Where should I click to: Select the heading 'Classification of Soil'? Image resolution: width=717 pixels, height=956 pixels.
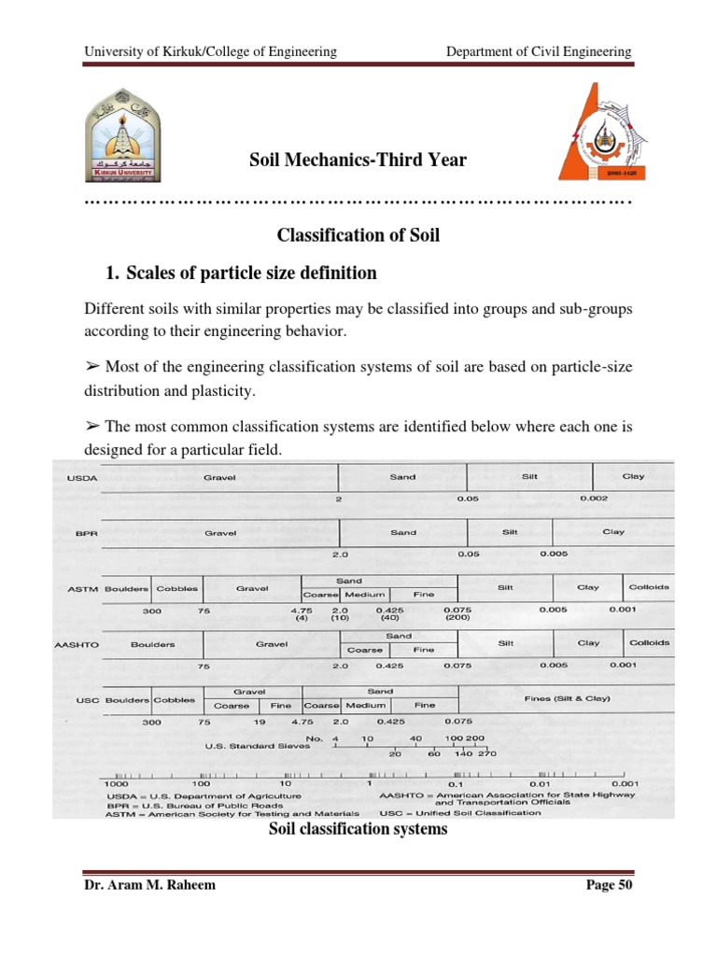pos(358,236)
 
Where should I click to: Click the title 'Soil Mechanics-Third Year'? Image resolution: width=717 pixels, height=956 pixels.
pos(358,161)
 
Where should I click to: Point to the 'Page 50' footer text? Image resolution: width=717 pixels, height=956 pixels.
pos(608,886)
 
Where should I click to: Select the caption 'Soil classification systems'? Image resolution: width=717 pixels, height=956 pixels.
pos(358,829)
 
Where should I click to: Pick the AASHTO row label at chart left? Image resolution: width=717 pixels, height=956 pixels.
pos(80,644)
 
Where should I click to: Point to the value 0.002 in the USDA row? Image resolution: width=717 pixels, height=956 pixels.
pos(595,499)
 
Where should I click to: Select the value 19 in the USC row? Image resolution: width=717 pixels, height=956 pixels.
pos(260,722)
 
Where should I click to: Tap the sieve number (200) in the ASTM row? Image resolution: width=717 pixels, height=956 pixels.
pos(457,618)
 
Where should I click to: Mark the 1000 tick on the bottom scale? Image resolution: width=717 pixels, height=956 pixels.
pos(117,785)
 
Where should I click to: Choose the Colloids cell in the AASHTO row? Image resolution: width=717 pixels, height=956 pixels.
pos(649,643)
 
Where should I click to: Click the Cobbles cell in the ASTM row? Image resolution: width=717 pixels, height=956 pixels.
pos(176,588)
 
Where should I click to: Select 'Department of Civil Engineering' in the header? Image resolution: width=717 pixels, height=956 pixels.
pos(539,51)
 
